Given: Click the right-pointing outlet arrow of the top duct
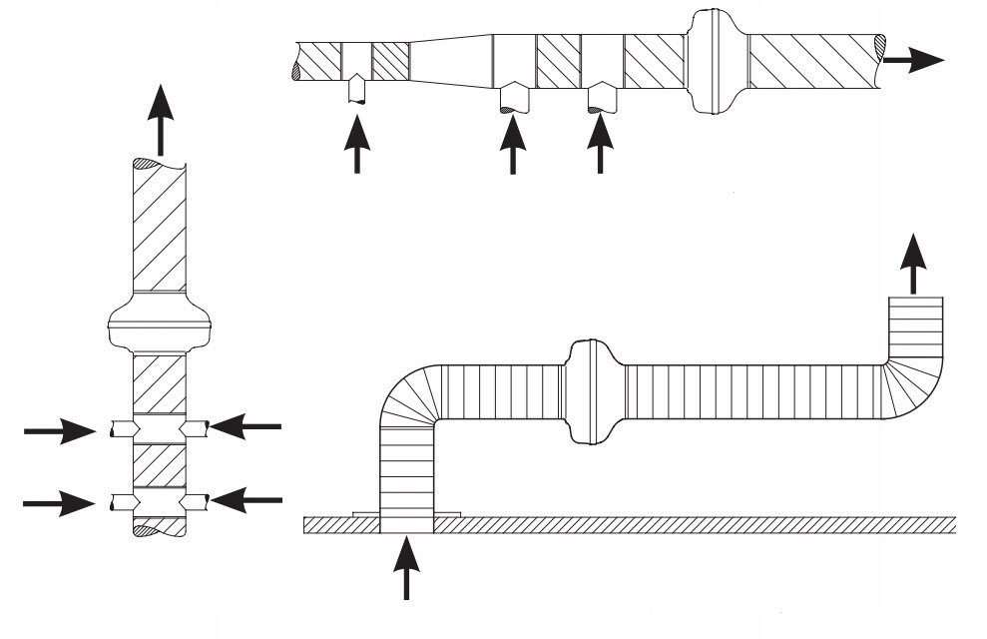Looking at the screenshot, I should click(914, 59).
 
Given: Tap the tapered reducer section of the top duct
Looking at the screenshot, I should click(451, 61).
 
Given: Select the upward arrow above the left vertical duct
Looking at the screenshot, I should click(159, 116).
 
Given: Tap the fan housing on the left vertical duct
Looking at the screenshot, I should click(159, 321).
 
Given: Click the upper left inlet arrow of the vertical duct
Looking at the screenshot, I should click(60, 431).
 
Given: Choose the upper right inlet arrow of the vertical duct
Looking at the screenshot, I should click(246, 427).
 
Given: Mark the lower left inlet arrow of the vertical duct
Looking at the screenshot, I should click(60, 502).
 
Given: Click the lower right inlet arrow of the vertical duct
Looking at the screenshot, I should click(246, 498).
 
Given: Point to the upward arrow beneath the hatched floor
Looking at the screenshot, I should click(406, 567).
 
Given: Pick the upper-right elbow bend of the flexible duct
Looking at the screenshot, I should click(913, 384).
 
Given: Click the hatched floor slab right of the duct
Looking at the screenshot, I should click(699, 524).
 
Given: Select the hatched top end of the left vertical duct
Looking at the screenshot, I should click(159, 163).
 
